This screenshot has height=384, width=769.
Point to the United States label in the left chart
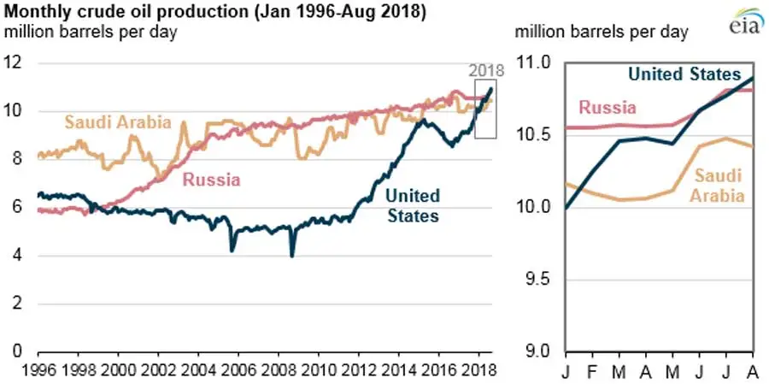point(413,205)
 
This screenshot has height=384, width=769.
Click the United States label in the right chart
point(684,74)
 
